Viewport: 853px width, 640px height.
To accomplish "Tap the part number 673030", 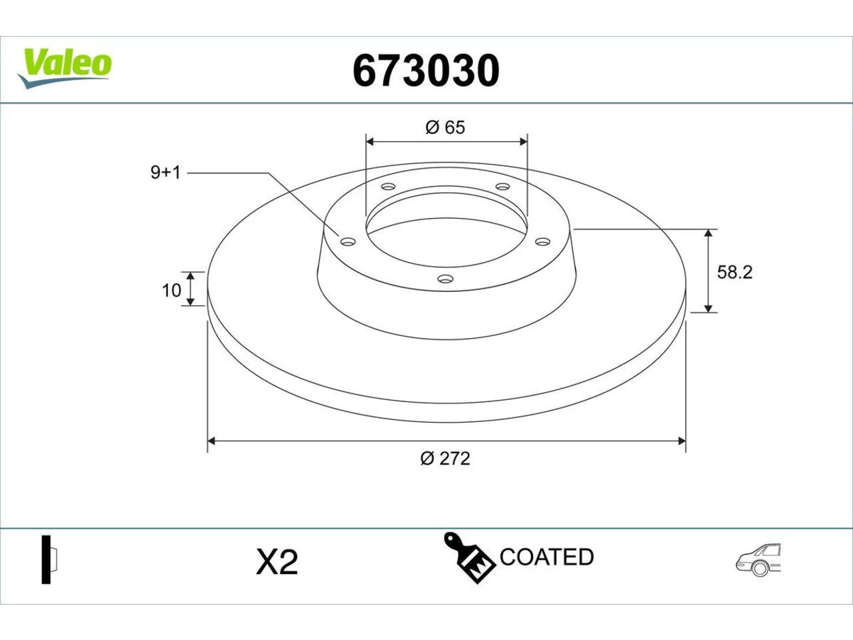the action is pos(426,71).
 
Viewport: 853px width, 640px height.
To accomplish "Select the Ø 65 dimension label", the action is pos(445,127).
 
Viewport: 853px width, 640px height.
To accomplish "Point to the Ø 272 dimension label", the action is pos(445,459).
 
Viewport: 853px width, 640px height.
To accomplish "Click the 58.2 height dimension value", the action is pos(735,273).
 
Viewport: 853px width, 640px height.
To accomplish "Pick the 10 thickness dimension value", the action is pos(171,291).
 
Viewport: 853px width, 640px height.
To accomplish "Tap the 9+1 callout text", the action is pos(166,172).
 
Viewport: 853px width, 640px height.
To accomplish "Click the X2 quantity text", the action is pos(277,562).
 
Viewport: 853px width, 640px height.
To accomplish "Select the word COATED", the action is pos(546,557).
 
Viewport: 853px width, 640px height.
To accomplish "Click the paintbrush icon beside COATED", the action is pos(468,557).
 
